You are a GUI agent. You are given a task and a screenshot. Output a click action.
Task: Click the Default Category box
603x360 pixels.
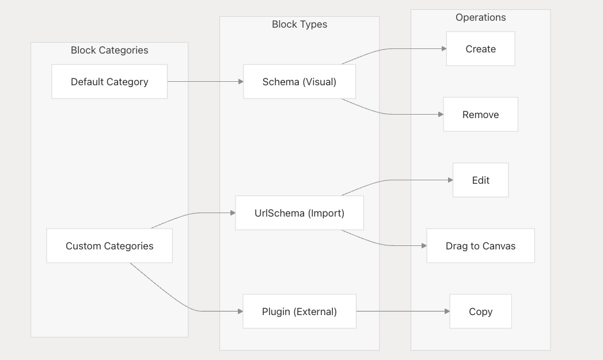pos(109,82)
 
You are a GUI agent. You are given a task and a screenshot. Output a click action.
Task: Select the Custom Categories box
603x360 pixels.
pos(109,246)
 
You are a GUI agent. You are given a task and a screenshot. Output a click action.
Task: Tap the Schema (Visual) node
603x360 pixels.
pos(299,82)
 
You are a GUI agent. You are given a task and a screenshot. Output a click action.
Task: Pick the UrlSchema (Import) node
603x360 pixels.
pos(299,213)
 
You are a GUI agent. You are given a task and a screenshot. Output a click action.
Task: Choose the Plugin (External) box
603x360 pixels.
pos(299,311)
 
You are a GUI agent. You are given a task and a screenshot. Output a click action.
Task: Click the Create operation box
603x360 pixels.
pos(480,49)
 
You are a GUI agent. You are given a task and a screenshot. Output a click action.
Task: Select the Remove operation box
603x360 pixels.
pos(480,114)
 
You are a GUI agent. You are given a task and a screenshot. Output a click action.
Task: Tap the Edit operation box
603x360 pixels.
pos(480,180)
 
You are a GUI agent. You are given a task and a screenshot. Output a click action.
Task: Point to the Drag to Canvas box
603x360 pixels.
pos(480,246)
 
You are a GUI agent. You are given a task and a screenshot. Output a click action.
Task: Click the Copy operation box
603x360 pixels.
pos(480,311)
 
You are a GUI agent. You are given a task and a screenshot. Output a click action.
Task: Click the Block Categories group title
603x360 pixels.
pos(109,50)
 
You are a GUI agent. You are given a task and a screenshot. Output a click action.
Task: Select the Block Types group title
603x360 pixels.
pos(299,24)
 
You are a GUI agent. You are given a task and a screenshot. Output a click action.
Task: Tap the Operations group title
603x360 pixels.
pos(480,17)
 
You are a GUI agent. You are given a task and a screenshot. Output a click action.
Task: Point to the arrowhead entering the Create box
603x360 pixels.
pos(444,49)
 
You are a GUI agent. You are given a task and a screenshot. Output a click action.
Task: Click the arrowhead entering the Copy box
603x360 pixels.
pos(447,311)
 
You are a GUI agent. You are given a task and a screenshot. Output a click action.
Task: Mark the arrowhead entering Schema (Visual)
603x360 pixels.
pos(241,82)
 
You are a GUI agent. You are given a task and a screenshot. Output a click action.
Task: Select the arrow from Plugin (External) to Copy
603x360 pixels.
pos(403,311)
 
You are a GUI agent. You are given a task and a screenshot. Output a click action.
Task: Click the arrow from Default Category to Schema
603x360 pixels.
pos(206,82)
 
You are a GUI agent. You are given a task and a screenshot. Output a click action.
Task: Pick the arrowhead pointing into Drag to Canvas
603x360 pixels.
pos(424,246)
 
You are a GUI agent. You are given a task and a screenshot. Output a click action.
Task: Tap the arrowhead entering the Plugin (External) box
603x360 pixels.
pos(240,311)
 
